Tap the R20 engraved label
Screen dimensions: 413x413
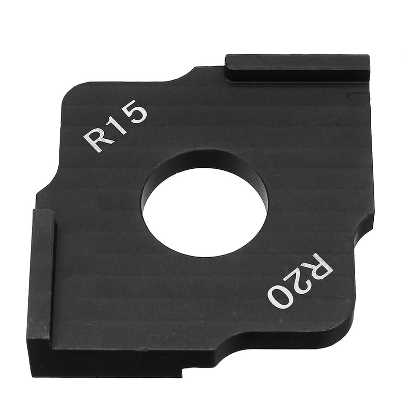[x=300, y=281]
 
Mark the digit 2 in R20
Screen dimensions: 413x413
[x=300, y=281]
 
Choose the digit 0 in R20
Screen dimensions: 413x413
[x=280, y=296]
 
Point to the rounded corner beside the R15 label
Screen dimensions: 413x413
[x=72, y=98]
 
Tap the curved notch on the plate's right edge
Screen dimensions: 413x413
[x=361, y=232]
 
